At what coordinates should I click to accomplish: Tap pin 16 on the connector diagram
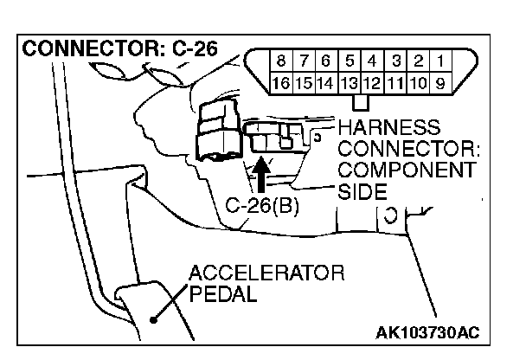(281, 84)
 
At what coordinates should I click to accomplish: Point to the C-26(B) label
(262, 209)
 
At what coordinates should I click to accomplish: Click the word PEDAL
(222, 295)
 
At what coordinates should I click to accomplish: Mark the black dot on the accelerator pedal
(153, 318)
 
